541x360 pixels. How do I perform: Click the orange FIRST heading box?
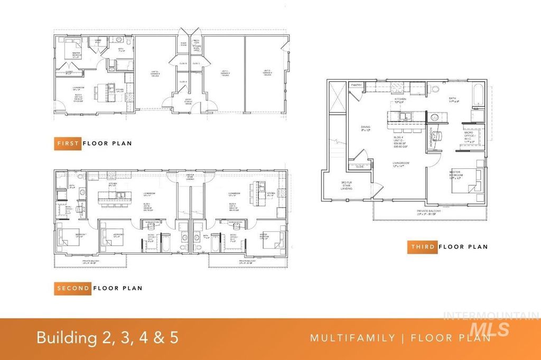[x=68, y=143]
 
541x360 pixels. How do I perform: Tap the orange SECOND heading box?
[x=73, y=288]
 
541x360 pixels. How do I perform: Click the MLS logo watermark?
[x=495, y=328]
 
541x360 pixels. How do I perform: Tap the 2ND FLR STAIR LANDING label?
[x=190, y=178]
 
